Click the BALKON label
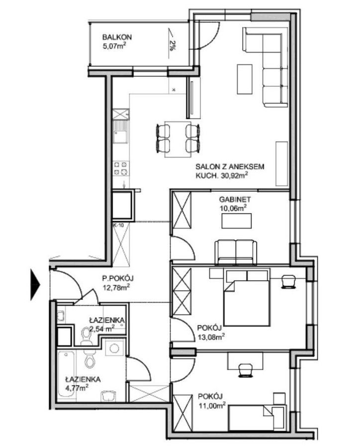[117, 37]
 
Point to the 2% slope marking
[172, 46]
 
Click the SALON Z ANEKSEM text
[230, 167]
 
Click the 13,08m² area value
[211, 337]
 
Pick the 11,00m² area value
[212, 405]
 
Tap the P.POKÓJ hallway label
[118, 278]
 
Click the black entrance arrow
[35, 285]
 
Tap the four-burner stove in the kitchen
[120, 168]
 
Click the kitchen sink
[120, 132]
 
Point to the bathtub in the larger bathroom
[67, 374]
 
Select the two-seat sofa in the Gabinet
[236, 252]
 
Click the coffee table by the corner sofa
[244, 79]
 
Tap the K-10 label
[118, 225]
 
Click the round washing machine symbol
[115, 348]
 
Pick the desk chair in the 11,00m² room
[246, 369]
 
